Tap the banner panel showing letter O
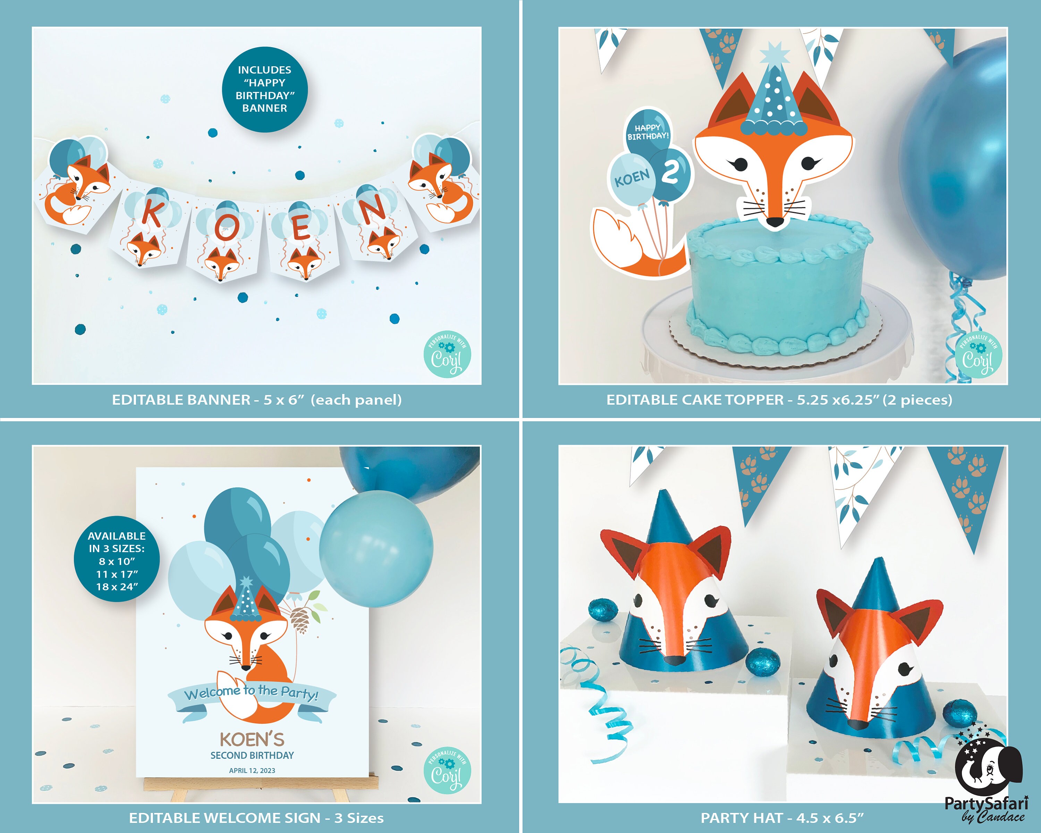point(225,242)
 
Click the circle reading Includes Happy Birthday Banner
point(265,89)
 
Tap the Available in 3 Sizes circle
point(117,561)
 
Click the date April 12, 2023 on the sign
point(252,770)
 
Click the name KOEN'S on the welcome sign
point(252,739)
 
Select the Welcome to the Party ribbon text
point(252,693)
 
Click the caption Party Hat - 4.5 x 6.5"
point(782,818)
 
